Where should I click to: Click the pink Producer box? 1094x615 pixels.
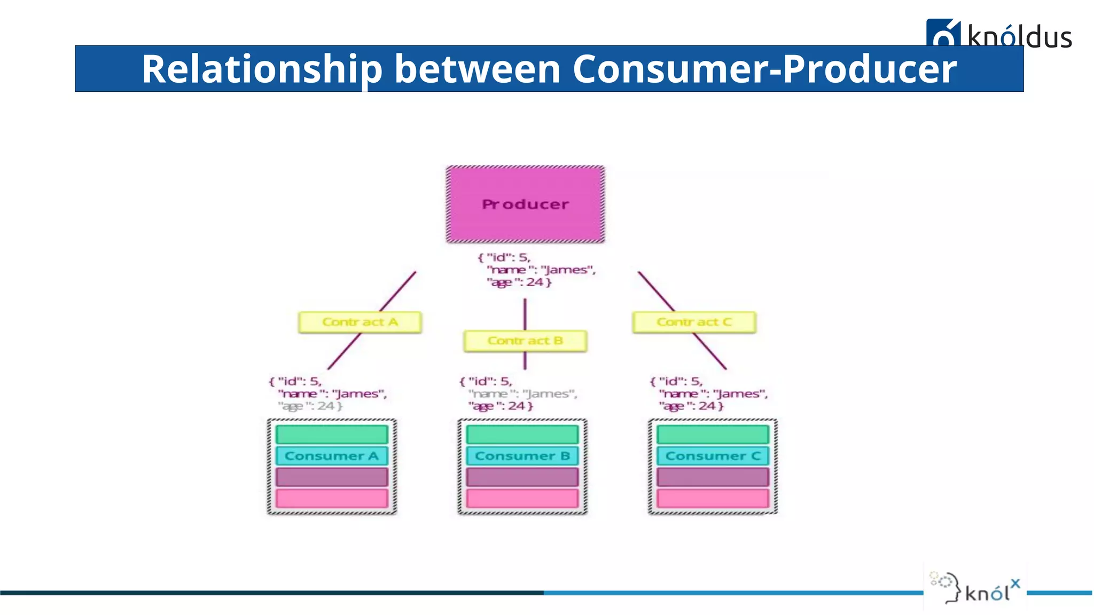point(525,204)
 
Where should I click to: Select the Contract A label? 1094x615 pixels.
point(360,322)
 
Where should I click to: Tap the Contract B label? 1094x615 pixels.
point(525,341)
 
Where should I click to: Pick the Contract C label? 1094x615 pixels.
point(694,322)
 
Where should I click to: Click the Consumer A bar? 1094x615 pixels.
point(332,456)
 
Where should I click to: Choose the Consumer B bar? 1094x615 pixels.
point(522,456)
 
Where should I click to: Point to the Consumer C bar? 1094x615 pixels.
point(713,456)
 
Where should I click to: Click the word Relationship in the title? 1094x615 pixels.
point(262,69)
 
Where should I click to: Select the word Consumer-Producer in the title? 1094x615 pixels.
point(764,69)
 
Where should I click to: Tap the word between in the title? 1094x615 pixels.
point(477,69)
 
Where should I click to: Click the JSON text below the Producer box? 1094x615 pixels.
point(536,270)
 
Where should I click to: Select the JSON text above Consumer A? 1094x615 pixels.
point(327,394)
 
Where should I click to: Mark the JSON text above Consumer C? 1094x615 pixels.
point(708,394)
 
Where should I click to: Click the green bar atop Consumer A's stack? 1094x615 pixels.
point(332,434)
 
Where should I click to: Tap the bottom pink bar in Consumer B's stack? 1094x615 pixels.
point(522,498)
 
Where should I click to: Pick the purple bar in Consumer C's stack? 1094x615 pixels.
point(713,477)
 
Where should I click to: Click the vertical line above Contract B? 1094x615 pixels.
point(525,314)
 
